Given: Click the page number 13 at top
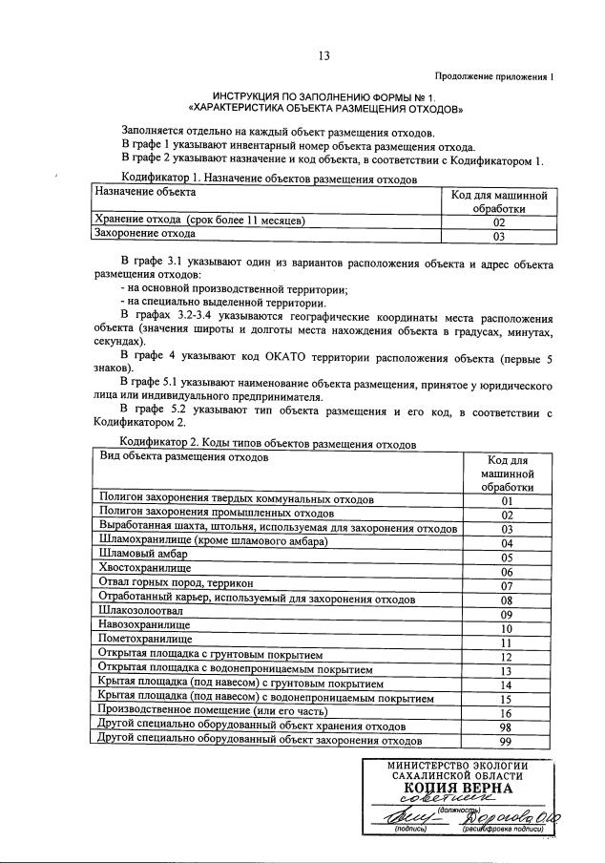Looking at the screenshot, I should click(x=323, y=55).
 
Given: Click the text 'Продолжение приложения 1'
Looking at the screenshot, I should click(x=493, y=75).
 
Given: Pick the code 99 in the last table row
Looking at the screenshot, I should click(x=507, y=742).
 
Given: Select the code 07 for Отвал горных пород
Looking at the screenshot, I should click(x=507, y=585).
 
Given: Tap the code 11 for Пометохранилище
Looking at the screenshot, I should click(x=507, y=643).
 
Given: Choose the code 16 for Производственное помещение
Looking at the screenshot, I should click(x=507, y=713).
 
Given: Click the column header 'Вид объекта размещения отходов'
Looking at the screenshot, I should click(x=184, y=458).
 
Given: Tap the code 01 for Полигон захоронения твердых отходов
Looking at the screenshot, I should click(x=507, y=500).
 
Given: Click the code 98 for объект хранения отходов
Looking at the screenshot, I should click(x=507, y=727).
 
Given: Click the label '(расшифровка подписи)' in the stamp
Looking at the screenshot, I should click(x=503, y=830).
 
